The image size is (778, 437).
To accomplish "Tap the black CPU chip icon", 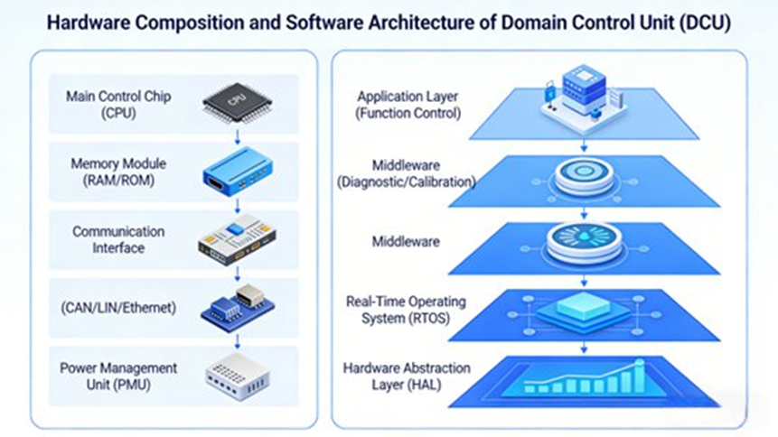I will point(237,102).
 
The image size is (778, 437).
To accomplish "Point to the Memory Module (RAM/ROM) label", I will point(118,172).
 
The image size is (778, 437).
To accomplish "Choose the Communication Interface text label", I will point(118,239).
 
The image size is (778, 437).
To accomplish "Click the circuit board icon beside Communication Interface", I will point(237,239).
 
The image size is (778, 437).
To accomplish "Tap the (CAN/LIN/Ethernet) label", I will point(118,308).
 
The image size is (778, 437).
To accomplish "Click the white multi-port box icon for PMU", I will point(237,376).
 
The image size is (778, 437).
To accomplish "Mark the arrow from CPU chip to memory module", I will point(237,135).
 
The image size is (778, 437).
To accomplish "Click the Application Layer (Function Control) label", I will point(409,105).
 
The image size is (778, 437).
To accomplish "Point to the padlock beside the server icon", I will point(549,91).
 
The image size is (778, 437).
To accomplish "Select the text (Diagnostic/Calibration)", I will point(406,181).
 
